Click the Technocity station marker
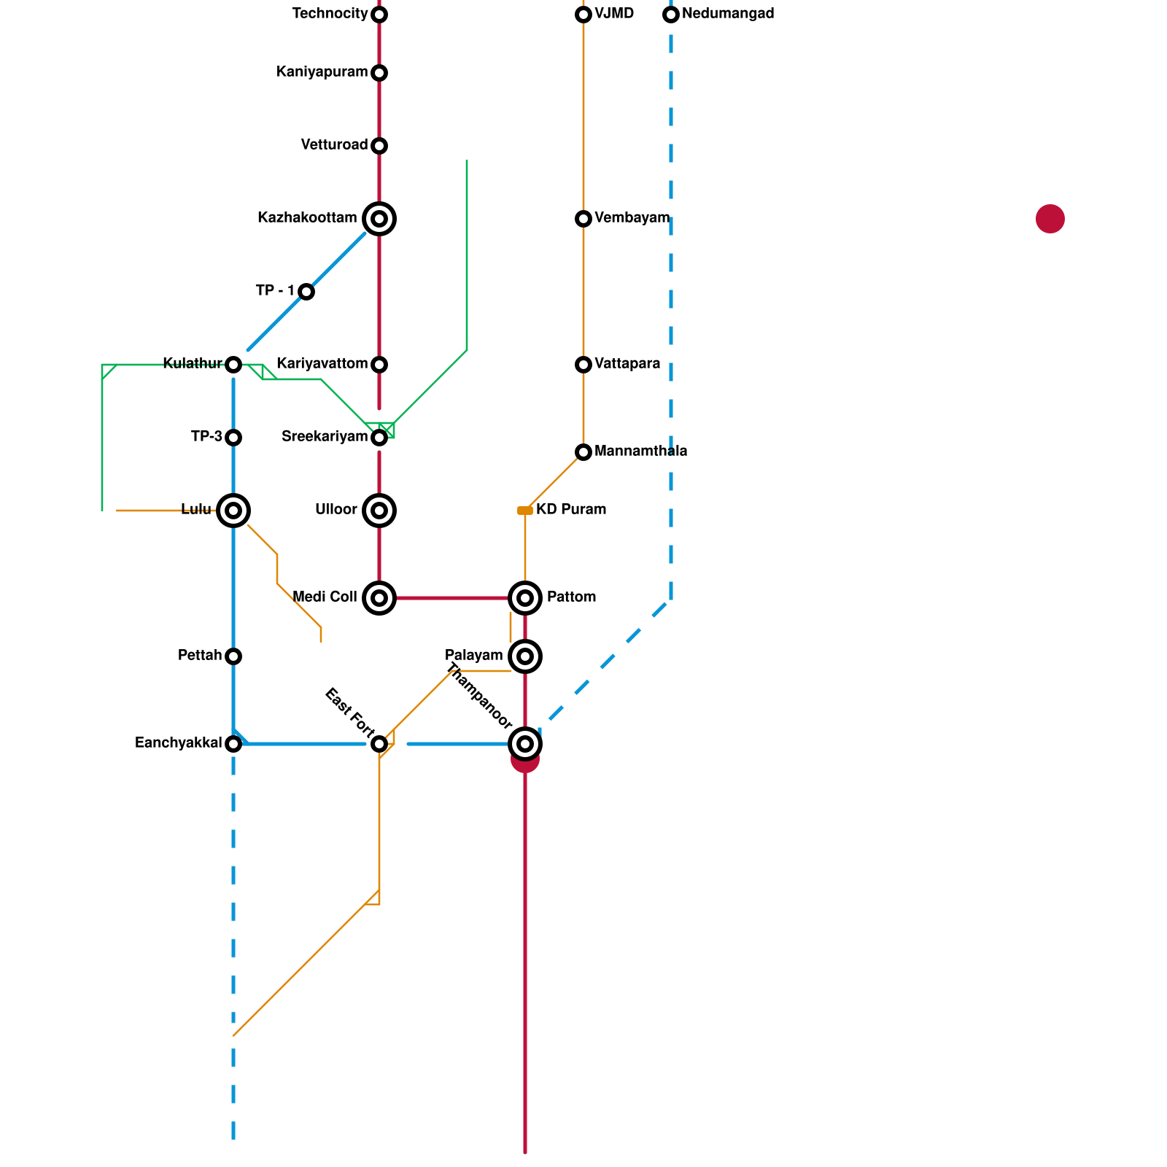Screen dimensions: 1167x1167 coord(379,15)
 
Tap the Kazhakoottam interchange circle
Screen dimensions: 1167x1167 coord(379,219)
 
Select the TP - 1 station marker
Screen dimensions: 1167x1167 coord(306,292)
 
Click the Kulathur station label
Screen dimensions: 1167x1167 coord(193,364)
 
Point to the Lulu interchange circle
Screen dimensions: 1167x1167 coord(233,511)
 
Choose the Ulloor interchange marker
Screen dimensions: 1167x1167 coord(379,511)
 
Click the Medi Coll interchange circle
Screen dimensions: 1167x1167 coord(379,598)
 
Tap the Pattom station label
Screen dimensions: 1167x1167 coord(571,597)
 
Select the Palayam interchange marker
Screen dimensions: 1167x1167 coord(525,656)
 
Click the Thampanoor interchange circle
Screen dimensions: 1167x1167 coord(525,744)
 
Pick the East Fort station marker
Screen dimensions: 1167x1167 coord(379,744)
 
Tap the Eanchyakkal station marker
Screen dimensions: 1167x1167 coord(233,744)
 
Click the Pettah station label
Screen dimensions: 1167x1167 coord(200,656)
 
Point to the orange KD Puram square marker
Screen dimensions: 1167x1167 coord(525,511)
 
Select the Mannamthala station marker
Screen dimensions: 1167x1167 coord(583,452)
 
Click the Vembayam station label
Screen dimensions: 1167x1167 coord(632,218)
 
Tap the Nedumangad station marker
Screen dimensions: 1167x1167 coord(671,15)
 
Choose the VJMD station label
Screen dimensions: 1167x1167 coord(614,14)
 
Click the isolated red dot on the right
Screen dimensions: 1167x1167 coord(1050,219)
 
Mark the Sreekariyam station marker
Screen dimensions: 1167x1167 coord(379,438)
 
